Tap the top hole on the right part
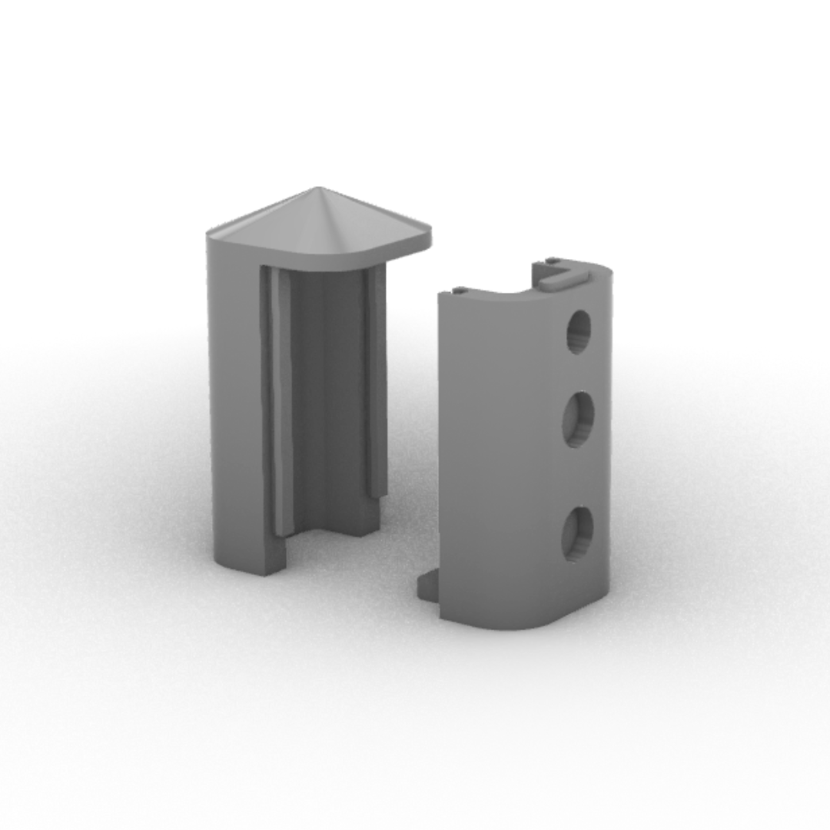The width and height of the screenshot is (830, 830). coord(579,331)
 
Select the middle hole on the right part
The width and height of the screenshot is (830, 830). coord(578,420)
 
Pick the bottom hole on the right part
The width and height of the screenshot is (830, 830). coord(577,533)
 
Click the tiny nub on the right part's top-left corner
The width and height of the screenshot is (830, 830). coord(458,290)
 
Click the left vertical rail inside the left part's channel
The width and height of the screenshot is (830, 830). coord(281,400)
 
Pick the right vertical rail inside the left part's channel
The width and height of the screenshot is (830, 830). coord(377,384)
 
